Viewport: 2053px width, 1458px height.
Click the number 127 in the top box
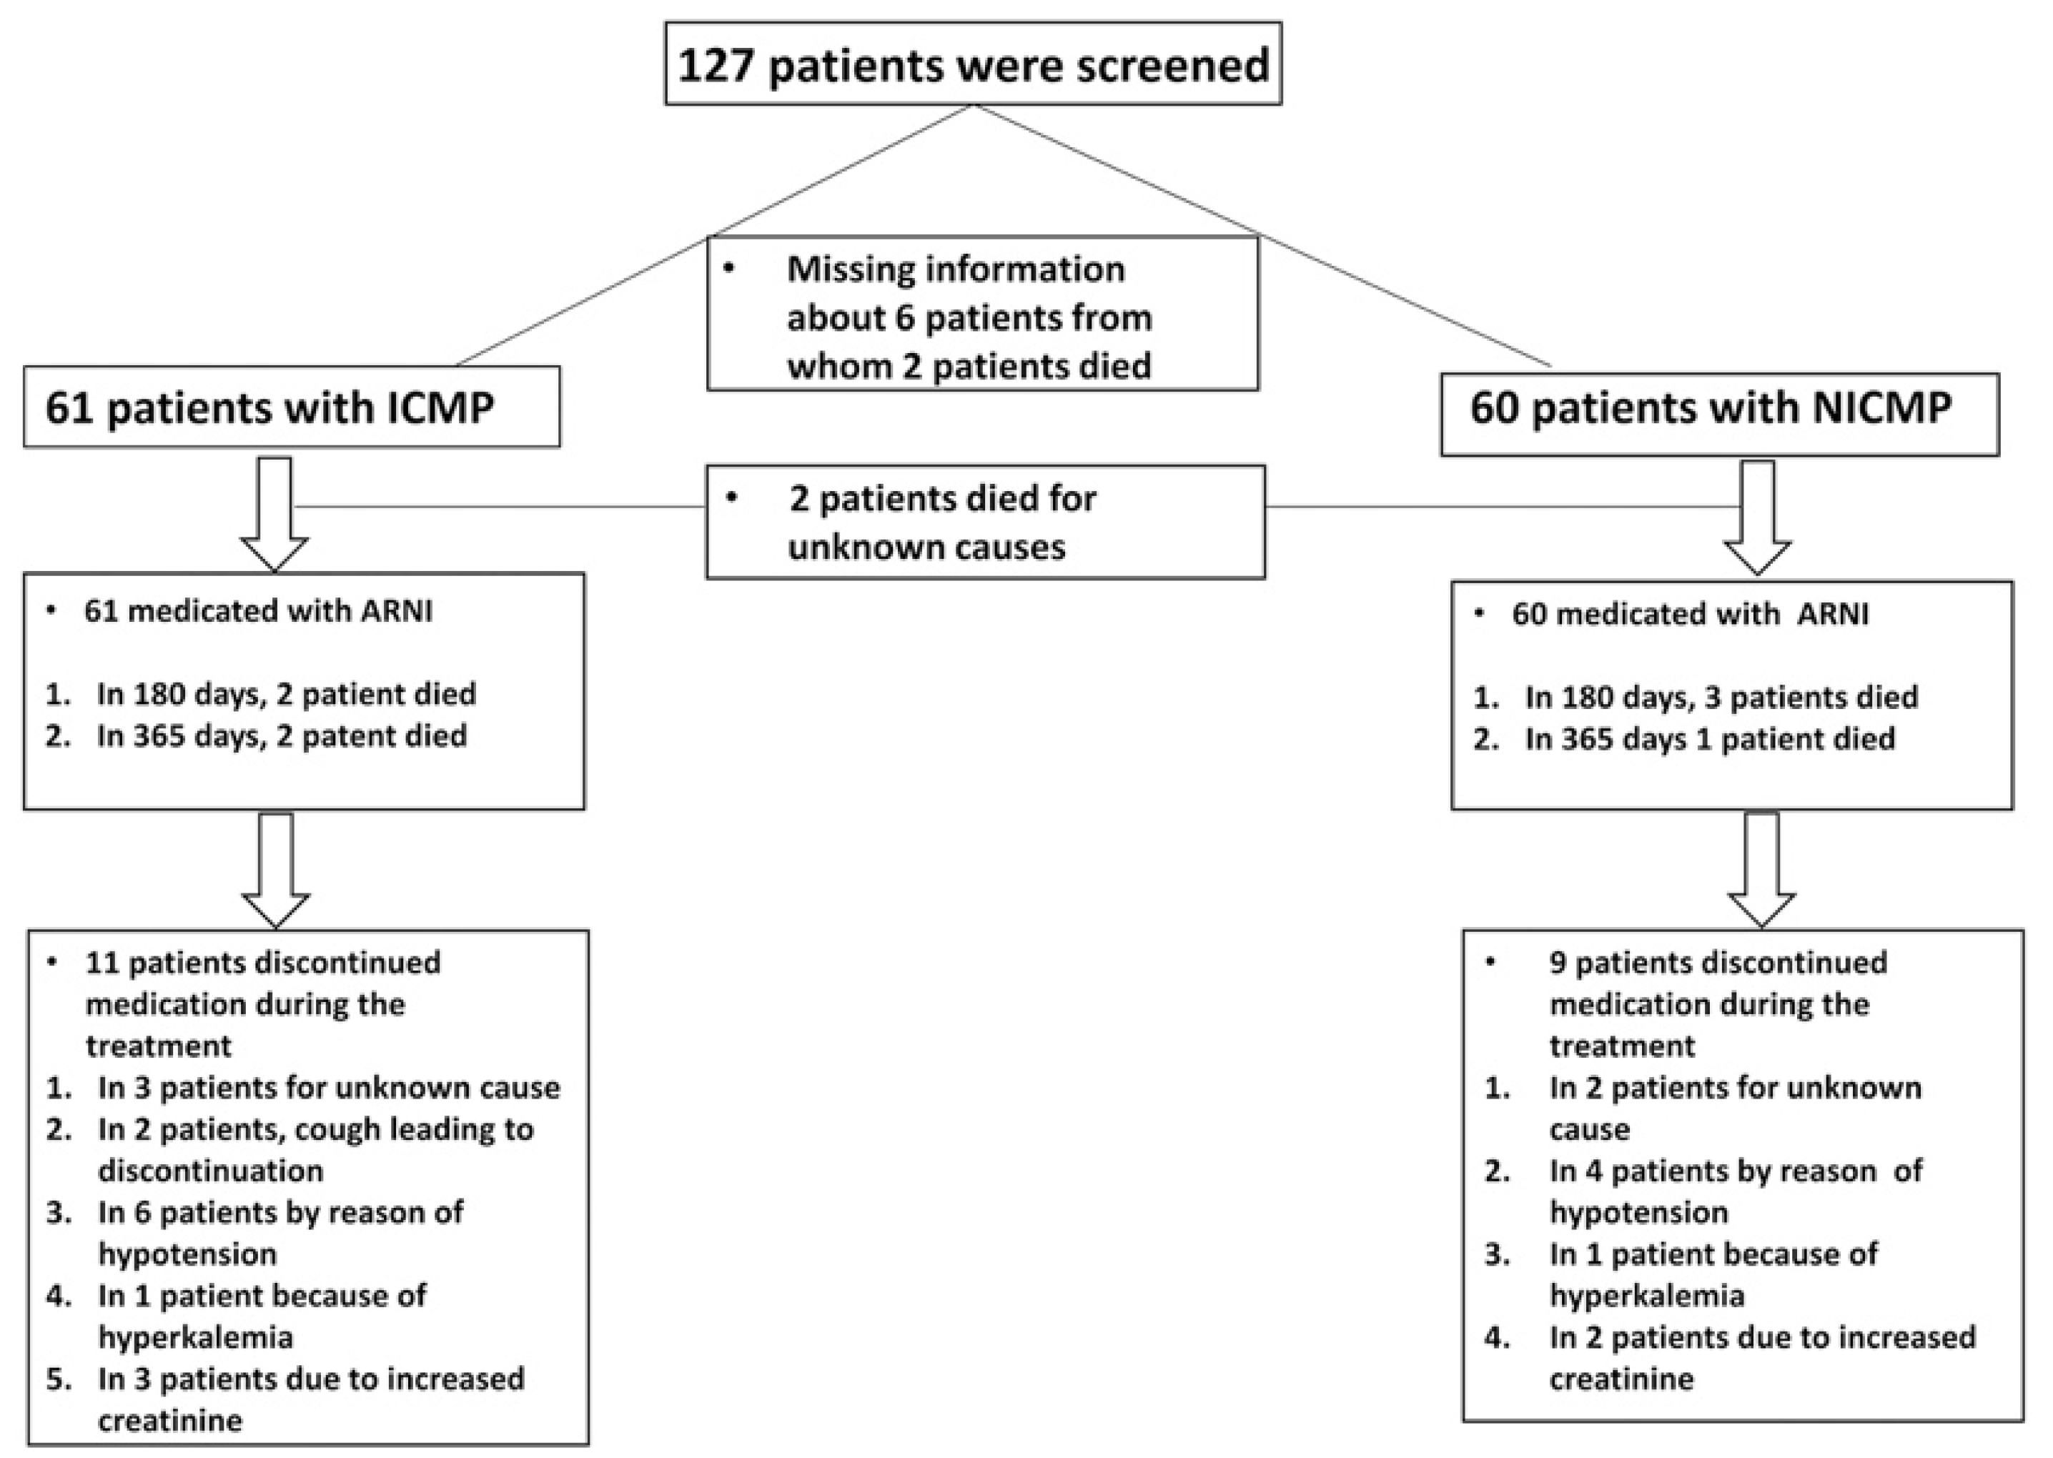pyautogui.click(x=715, y=66)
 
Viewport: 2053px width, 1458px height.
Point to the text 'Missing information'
pyautogui.click(x=955, y=269)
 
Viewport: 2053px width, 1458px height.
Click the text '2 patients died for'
pyautogui.click(x=943, y=498)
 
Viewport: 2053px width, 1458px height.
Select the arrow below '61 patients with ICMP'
pyautogui.click(x=274, y=514)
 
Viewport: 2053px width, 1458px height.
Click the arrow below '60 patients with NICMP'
pyautogui.click(x=1758, y=518)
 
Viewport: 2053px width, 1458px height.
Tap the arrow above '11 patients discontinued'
pyautogui.click(x=276, y=869)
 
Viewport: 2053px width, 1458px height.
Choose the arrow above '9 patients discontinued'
pyautogui.click(x=1761, y=869)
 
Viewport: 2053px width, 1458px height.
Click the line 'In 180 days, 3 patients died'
pyautogui.click(x=1721, y=697)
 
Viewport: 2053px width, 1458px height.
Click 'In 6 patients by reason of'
pyautogui.click(x=280, y=1212)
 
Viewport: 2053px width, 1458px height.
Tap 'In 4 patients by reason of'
pyautogui.click(x=1735, y=1171)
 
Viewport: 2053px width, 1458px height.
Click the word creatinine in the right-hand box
pyautogui.click(x=1621, y=1379)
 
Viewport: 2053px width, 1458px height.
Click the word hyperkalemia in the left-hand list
pyautogui.click(x=196, y=1338)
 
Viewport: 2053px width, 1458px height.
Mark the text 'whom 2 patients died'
pyautogui.click(x=969, y=367)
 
